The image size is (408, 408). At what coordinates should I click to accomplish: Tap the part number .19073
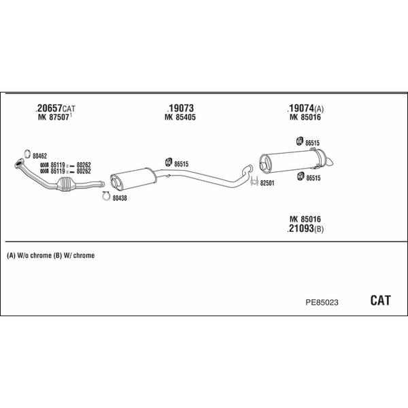point(180,108)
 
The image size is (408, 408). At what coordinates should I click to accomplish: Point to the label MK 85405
point(180,117)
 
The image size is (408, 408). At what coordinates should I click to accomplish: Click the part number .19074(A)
point(305,108)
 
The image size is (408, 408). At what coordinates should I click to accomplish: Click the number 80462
point(39,156)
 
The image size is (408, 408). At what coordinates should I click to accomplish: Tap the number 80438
point(120,198)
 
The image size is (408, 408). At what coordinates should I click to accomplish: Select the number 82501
point(267,183)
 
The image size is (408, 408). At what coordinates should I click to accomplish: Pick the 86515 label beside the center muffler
point(182,163)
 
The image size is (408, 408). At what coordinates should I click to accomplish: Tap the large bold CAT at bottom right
point(380,300)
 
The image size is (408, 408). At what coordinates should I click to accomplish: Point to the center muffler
point(133,177)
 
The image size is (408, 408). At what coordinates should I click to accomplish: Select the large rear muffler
point(289,162)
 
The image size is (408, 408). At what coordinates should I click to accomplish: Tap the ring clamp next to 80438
point(105,197)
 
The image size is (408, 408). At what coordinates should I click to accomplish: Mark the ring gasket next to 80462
point(26,152)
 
